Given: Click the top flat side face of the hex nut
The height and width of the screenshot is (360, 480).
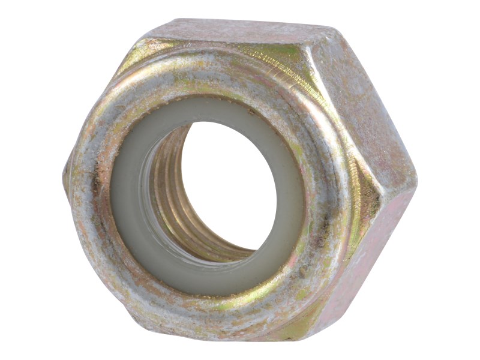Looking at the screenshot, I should click(240, 33).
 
